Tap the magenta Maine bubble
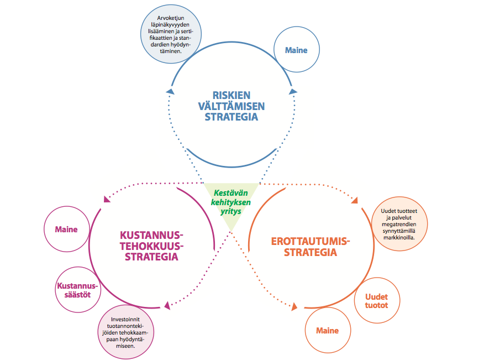(66, 229)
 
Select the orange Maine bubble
(327, 331)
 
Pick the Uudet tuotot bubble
(376, 301)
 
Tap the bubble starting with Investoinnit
(127, 332)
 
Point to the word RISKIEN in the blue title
(231, 95)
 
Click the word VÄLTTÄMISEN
(231, 106)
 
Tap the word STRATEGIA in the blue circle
(231, 117)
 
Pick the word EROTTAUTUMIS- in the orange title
(311, 242)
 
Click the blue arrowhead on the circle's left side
(170, 91)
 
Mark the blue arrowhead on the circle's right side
(292, 91)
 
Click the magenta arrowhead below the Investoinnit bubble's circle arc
(167, 304)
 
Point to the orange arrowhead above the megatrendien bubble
(354, 201)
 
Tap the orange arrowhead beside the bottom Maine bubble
(295, 306)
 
